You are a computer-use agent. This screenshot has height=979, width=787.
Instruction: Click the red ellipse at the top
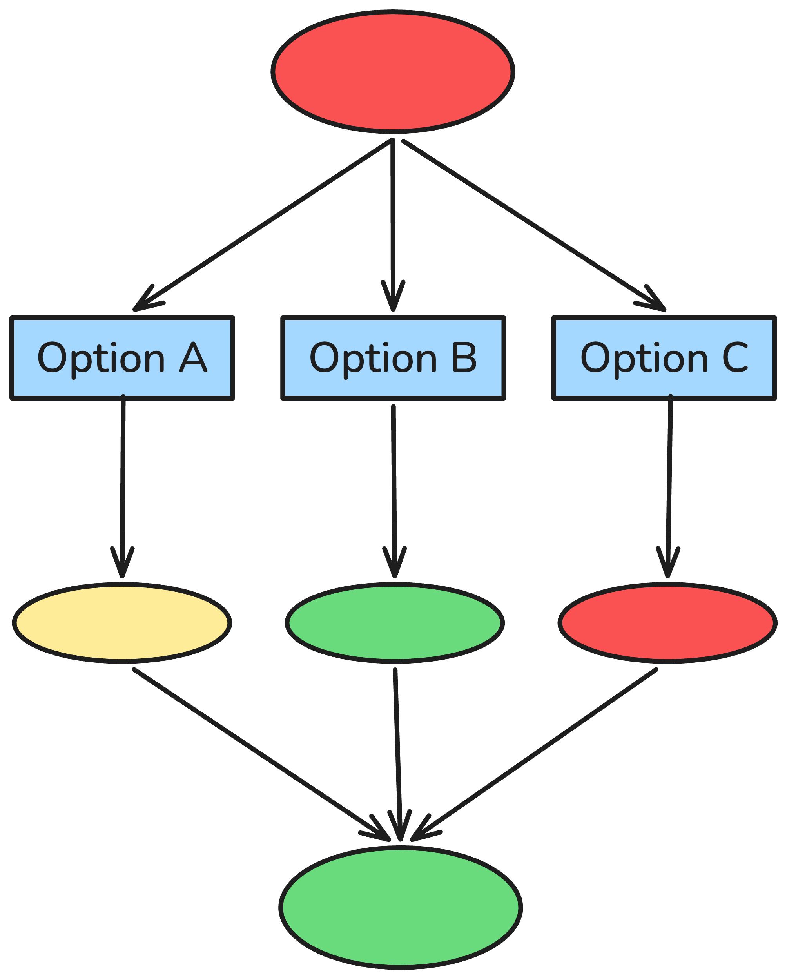click(x=393, y=72)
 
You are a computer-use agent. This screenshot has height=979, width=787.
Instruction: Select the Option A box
click(x=122, y=358)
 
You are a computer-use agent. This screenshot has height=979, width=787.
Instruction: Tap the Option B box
click(x=393, y=358)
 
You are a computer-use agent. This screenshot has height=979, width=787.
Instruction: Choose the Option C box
click(x=664, y=358)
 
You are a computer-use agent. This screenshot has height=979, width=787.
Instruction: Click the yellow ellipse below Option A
click(x=122, y=623)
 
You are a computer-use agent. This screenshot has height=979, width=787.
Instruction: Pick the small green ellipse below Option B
click(x=395, y=623)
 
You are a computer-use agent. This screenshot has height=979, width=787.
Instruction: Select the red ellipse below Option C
click(x=667, y=623)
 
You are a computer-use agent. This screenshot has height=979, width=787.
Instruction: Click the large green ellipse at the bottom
click(x=401, y=907)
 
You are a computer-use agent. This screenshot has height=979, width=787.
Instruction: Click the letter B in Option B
click(x=464, y=357)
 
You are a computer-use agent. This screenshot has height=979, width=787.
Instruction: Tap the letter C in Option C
click(x=735, y=357)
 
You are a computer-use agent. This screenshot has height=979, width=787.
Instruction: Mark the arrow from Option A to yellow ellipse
click(x=123, y=486)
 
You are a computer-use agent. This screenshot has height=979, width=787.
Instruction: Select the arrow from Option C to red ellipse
click(x=669, y=486)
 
